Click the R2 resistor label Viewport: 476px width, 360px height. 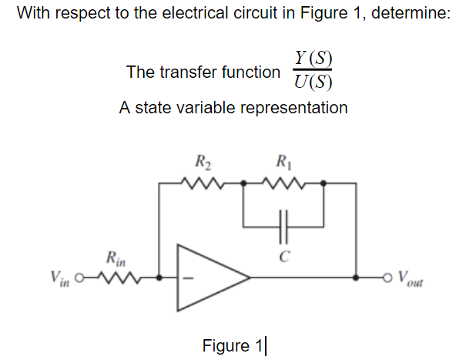click(203, 163)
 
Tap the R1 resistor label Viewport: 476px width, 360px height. click(282, 163)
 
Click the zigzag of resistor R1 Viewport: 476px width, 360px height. click(283, 183)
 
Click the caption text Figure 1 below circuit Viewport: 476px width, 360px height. click(232, 344)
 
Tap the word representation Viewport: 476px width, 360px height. click(296, 107)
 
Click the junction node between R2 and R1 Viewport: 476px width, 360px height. click(243, 183)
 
